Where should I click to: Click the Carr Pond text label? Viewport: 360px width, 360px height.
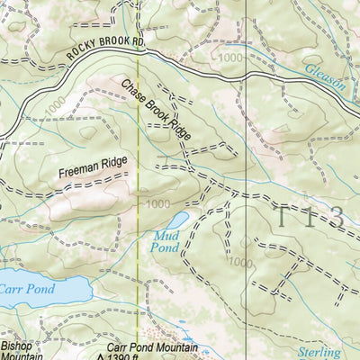point(26,289)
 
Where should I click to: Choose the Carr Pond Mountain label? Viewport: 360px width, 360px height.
point(152,346)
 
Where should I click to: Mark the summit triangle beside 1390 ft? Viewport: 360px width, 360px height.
point(99,356)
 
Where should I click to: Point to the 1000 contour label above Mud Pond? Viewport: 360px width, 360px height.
point(157,203)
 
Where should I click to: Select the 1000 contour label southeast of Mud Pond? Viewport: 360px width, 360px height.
point(239,262)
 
